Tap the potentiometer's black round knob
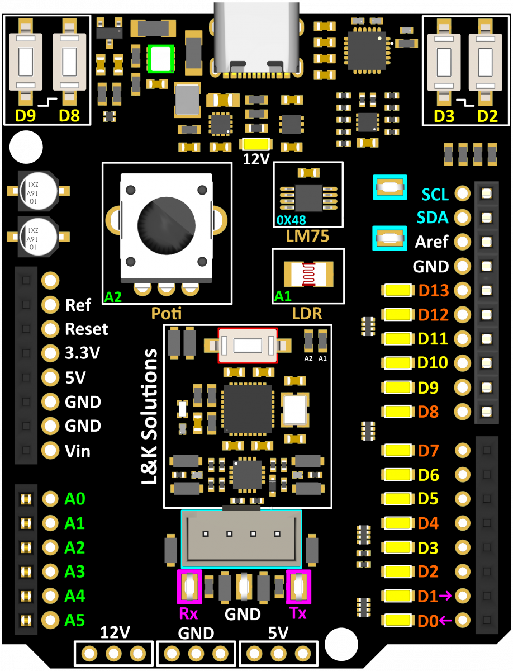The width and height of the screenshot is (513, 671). (x=166, y=226)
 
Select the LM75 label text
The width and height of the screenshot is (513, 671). (x=307, y=236)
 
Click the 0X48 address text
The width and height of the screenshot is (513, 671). (x=291, y=220)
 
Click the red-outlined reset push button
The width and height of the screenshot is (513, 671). (x=248, y=345)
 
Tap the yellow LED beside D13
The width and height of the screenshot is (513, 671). (x=398, y=291)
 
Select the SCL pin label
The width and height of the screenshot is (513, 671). (x=435, y=195)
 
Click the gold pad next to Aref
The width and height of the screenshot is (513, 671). (x=463, y=242)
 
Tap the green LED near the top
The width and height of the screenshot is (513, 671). (x=160, y=59)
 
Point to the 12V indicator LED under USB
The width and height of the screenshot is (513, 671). (x=256, y=144)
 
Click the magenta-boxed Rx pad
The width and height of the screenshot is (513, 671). (x=189, y=587)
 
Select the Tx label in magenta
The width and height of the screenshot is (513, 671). (x=298, y=613)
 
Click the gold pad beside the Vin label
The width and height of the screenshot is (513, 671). (x=50, y=450)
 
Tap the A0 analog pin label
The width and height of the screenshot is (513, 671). (x=75, y=498)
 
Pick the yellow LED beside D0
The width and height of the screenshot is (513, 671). (x=398, y=620)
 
